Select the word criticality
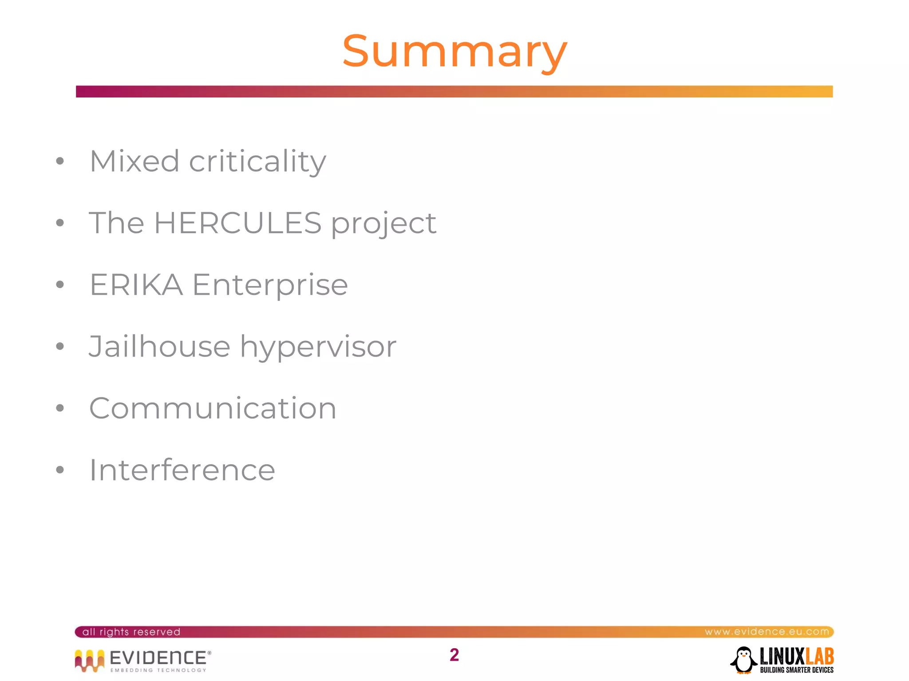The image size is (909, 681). pos(257,161)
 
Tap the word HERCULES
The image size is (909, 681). pos(237,223)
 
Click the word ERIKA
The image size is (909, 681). pos(136,285)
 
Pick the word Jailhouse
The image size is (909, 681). pos(159,346)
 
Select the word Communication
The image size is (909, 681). pos(213,408)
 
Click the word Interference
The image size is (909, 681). pos(182,470)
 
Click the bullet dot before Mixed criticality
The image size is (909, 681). pos(60,161)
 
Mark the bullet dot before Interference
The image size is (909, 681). pos(60,470)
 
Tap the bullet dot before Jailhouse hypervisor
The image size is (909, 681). pos(60,346)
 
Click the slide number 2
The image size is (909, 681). pos(454,655)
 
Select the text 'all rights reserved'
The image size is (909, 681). pos(131,632)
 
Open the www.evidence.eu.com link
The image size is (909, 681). pos(767,631)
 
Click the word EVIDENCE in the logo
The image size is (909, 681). pos(158,658)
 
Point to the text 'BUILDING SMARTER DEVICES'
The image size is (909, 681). pos(797,670)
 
